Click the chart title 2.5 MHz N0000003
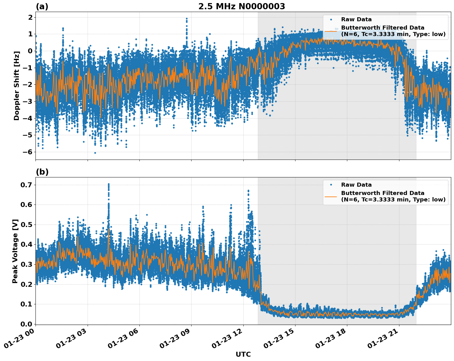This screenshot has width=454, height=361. pos(241,6)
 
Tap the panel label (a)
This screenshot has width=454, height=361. pos(42,6)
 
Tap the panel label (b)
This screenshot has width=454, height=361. pos(42,172)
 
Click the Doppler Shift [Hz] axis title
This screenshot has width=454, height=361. pos(16,86)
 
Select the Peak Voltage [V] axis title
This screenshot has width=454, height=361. pos(15,251)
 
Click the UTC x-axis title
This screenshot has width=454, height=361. pos(243,354)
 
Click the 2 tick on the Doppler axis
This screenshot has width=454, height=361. pos(30,17)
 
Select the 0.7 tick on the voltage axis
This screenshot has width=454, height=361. pos(27,185)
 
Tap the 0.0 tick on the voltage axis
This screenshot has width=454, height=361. pos(27,324)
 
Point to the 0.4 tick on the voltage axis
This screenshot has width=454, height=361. pos(27,245)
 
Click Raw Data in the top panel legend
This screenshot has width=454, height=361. pos(356,19)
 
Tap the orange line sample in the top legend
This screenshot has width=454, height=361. pos(331,31)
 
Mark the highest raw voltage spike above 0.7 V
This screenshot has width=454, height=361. pos(109,184)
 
